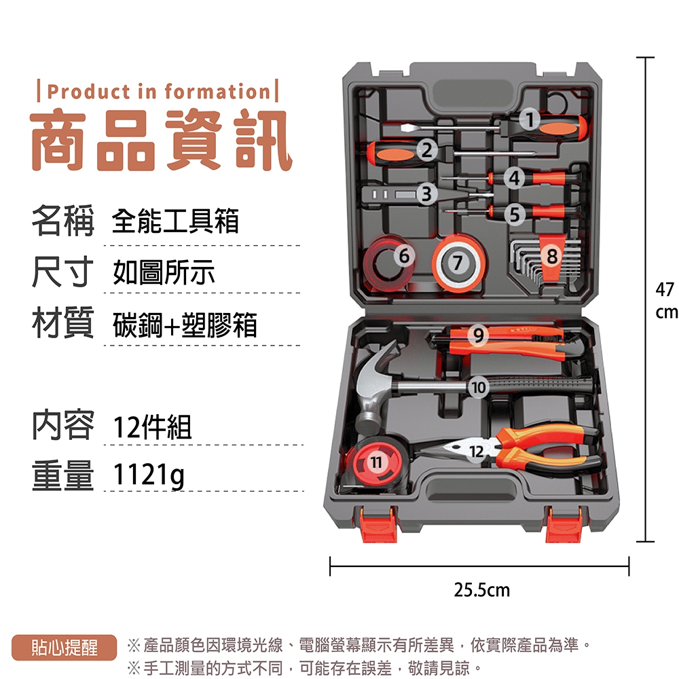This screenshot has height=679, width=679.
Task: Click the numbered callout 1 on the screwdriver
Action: click(529, 119)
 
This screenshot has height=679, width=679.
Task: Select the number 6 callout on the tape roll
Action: click(404, 255)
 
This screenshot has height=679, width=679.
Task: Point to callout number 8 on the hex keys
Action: click(551, 256)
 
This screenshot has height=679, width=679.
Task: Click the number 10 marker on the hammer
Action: click(478, 387)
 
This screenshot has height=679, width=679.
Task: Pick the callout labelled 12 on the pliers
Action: click(477, 452)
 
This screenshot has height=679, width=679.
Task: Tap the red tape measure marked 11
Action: click(375, 461)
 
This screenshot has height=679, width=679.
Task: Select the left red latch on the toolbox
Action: click(380, 525)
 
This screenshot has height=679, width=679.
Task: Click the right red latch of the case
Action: click(564, 525)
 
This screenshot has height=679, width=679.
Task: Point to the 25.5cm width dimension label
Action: click(481, 590)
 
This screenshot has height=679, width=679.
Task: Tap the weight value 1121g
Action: click(149, 475)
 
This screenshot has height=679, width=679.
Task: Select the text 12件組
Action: click(152, 427)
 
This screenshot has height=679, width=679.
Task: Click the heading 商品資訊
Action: click(160, 139)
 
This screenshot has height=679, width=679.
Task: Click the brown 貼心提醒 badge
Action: click(65, 648)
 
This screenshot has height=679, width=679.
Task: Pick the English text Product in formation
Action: click(158, 92)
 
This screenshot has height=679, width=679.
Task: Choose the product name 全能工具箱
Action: click(175, 221)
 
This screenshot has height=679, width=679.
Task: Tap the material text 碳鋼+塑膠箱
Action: click(185, 325)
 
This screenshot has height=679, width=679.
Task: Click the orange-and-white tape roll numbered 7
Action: click(458, 262)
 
